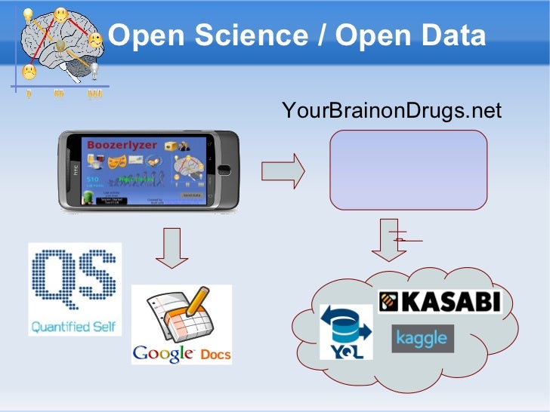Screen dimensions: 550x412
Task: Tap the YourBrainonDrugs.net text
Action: pyautogui.click(x=391, y=112)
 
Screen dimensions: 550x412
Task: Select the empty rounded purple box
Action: pyautogui.click(x=408, y=169)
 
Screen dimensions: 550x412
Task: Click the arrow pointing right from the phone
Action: pyautogui.click(x=283, y=171)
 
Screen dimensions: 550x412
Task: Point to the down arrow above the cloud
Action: pyautogui.click(x=388, y=241)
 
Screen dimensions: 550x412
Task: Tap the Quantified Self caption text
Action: pyautogui.click(x=74, y=327)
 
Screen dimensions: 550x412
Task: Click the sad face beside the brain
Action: pyautogui.click(x=29, y=72)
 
